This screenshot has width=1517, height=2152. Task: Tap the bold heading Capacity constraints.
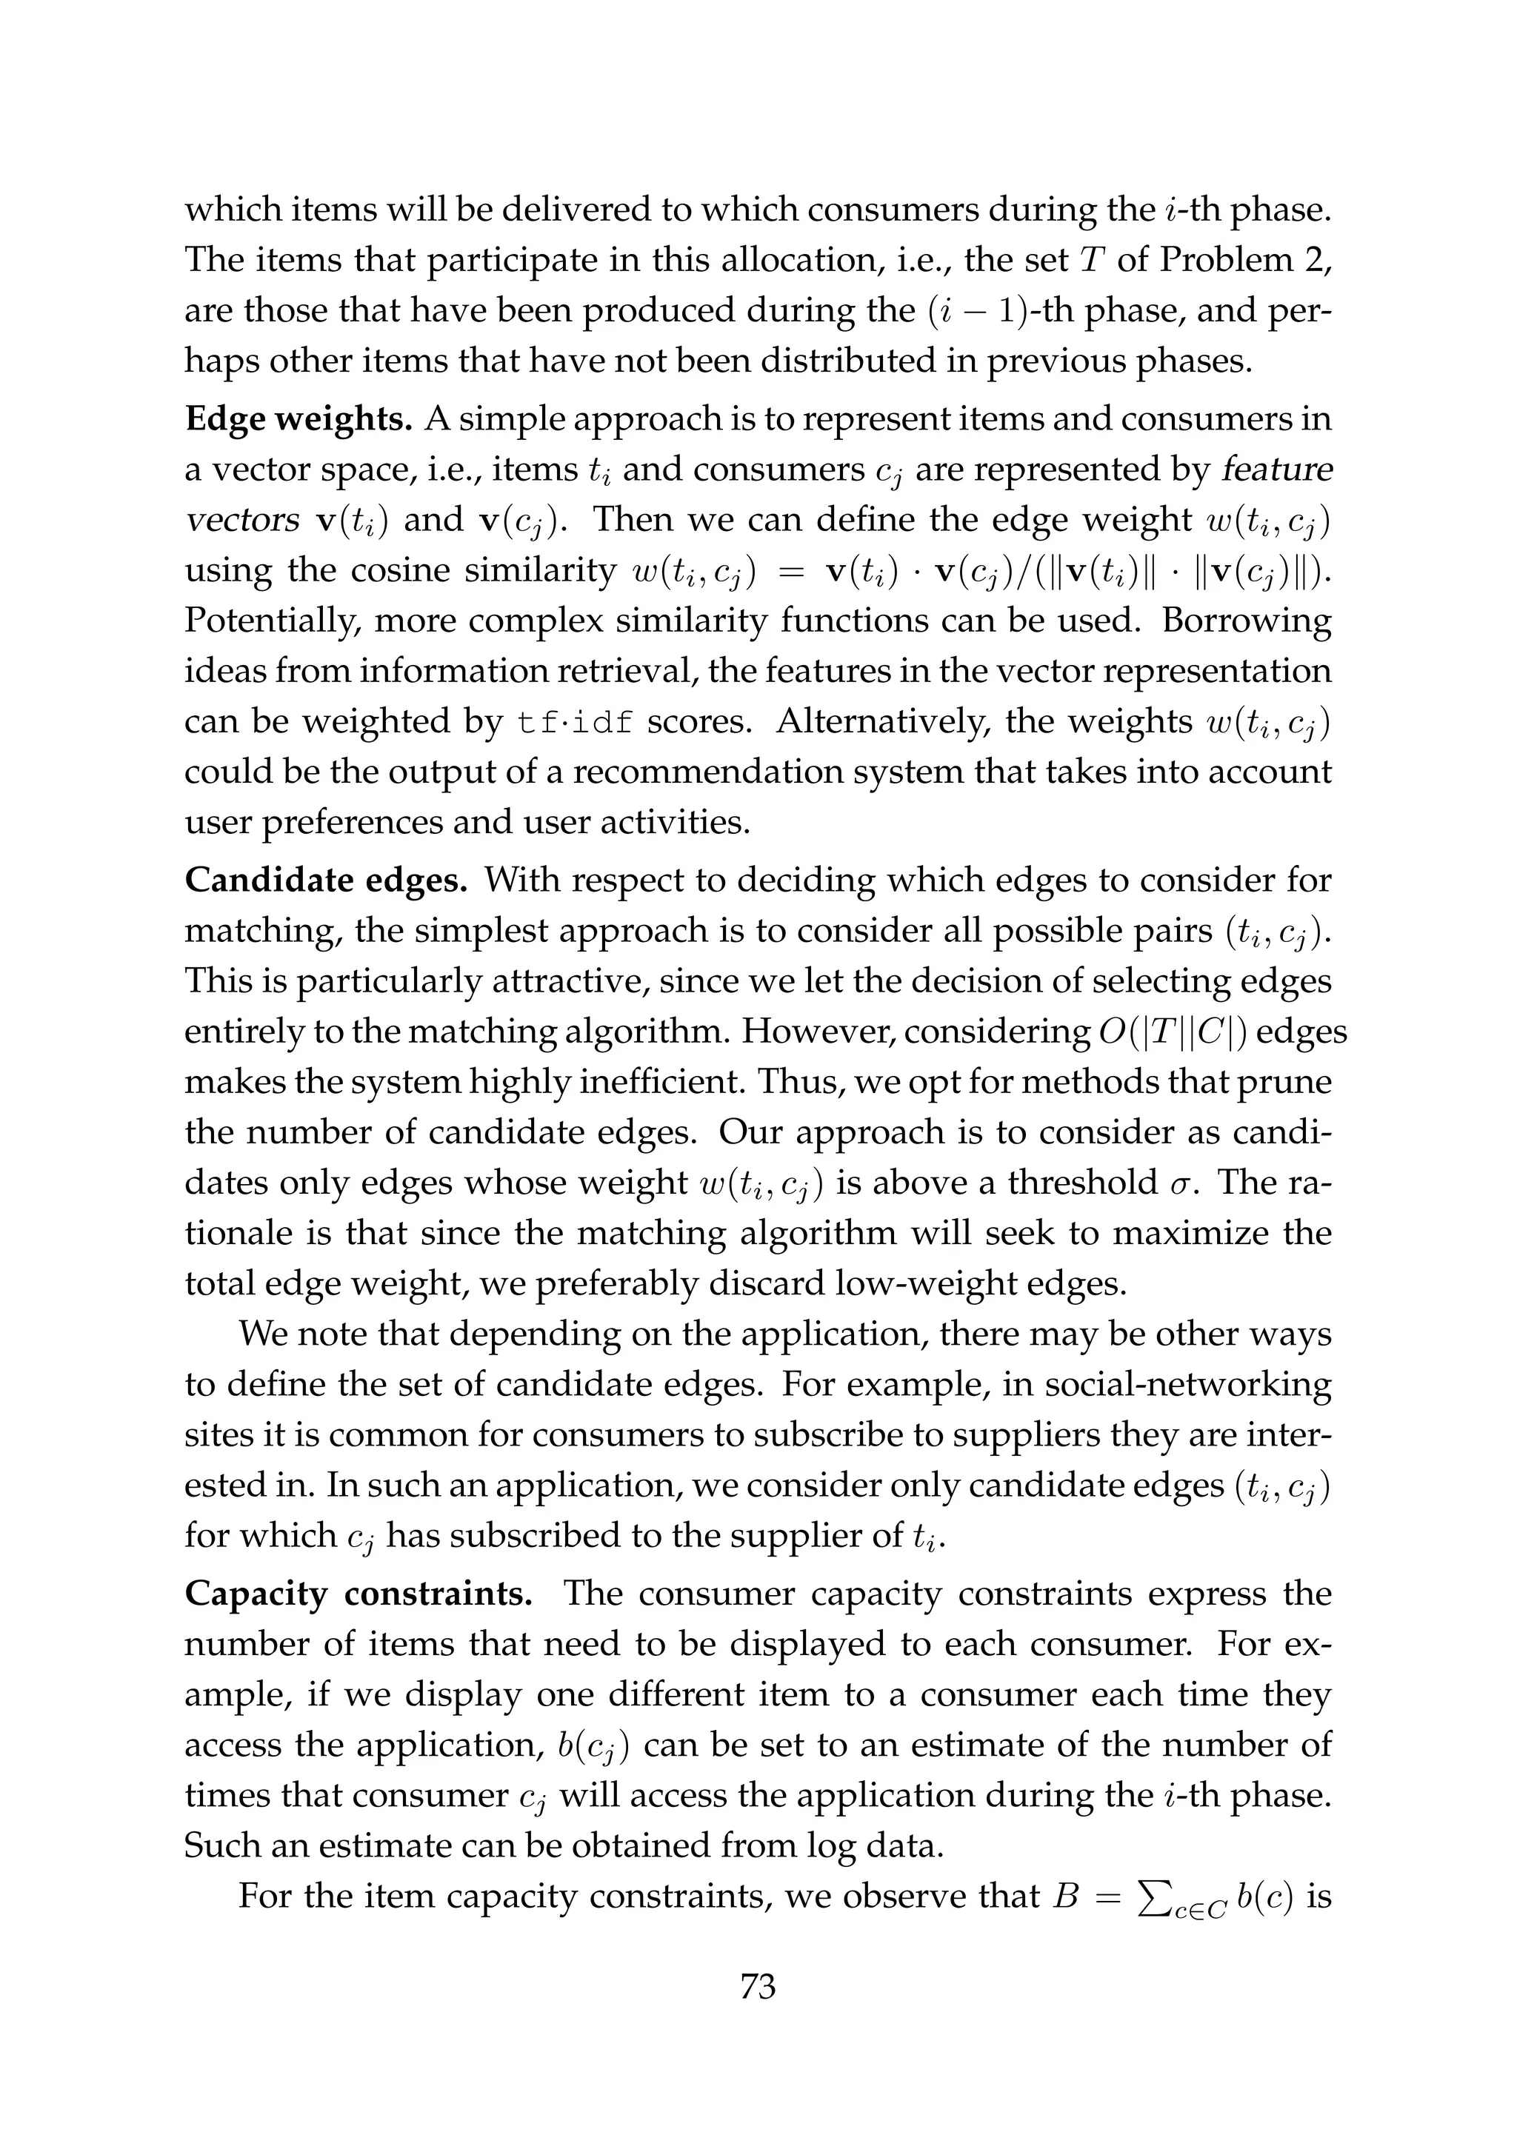(359, 1594)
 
